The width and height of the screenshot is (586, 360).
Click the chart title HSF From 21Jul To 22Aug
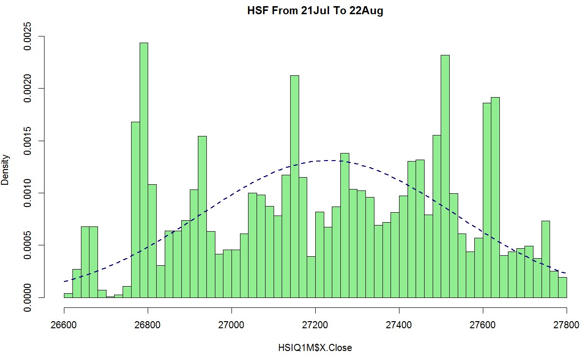click(x=315, y=11)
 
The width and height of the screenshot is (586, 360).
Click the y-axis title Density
click(x=6, y=169)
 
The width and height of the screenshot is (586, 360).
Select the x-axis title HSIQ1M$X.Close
click(x=315, y=348)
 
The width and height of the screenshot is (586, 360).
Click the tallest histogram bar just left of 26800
click(x=143, y=171)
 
